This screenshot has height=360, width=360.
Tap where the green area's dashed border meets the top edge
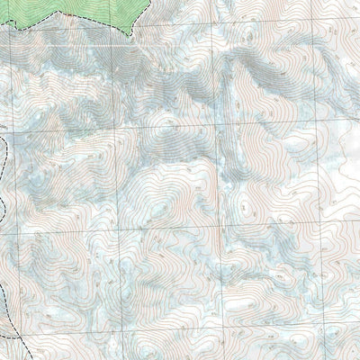[x=148, y=1]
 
